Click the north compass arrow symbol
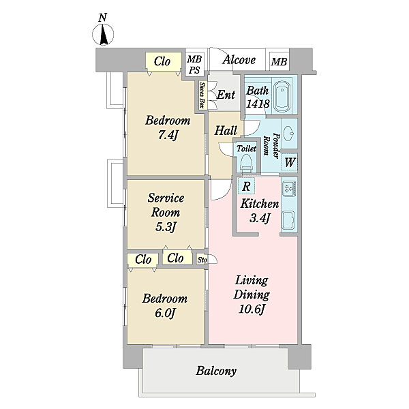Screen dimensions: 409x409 click(104, 34)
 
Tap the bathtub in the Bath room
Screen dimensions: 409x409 click(282, 95)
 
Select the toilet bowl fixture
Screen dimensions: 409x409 click(246, 162)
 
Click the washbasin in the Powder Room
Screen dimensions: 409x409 click(289, 133)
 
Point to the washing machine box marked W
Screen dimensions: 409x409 click(289, 162)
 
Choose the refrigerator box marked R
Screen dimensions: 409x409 click(246, 186)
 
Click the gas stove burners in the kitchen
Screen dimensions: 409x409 click(288, 188)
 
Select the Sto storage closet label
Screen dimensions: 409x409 click(202, 260)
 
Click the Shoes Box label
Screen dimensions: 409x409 click(202, 95)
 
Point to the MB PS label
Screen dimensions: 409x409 click(194, 65)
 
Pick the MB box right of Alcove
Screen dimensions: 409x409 click(279, 62)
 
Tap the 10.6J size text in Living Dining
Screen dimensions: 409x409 click(252, 309)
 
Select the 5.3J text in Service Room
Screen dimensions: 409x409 click(166, 227)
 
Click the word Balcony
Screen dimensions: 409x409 click(216, 371)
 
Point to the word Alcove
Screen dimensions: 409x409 click(239, 60)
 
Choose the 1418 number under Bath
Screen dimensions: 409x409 click(258, 104)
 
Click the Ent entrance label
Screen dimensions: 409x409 click(226, 95)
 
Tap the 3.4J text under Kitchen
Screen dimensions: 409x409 click(260, 218)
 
